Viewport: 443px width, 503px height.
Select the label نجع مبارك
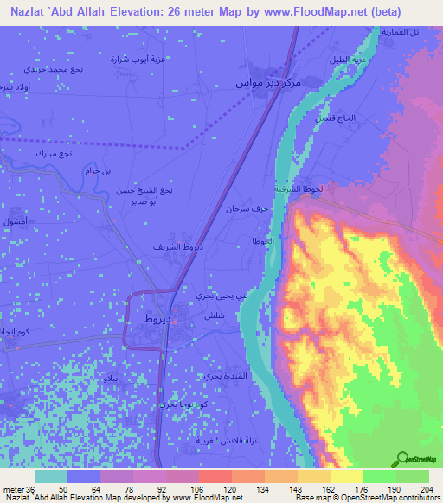[x=53, y=153]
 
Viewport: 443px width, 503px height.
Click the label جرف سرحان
[x=246, y=209]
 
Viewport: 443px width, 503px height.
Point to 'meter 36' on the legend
[x=18, y=489]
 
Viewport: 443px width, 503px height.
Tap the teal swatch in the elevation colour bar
[x=50, y=476]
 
